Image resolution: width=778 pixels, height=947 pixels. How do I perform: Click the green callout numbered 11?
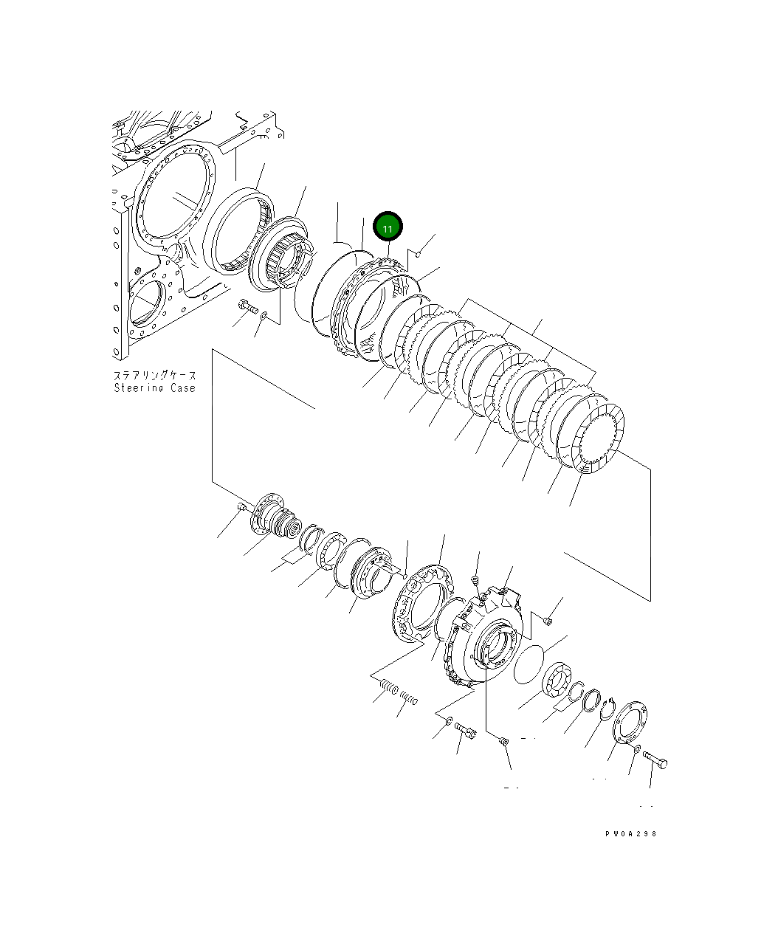point(388,227)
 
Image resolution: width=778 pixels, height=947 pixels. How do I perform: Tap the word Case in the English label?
point(183,388)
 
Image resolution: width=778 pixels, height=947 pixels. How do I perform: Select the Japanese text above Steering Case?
point(154,375)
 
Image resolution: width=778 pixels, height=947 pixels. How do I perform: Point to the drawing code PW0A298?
point(630,834)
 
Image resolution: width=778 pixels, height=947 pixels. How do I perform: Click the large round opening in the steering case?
point(174,195)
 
